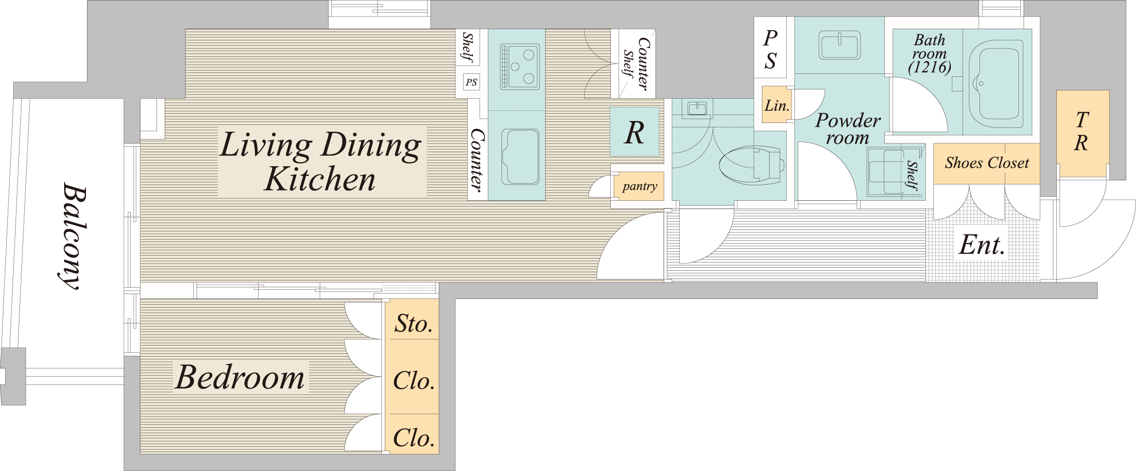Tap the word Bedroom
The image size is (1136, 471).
coord(240,377)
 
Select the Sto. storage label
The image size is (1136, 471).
coord(413,323)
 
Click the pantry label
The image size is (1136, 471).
coord(639,186)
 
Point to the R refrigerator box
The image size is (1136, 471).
coord(635,132)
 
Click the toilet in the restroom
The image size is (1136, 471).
coord(751,165)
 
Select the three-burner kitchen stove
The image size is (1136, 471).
coord(520,67)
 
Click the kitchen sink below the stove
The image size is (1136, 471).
coord(520,157)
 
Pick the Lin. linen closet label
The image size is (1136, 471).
coord(776,105)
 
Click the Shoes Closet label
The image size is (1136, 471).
coord(987,163)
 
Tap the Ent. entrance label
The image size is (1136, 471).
coord(982,245)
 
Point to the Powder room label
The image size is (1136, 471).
coord(847,129)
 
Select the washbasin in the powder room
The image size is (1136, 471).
coord(840,45)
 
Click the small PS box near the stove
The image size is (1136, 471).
coord(471,82)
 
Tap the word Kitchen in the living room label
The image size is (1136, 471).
coord(320,179)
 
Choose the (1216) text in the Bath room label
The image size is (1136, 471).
coord(929,67)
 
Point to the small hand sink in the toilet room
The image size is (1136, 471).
coord(697,108)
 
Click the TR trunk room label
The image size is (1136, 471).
coord(1082,131)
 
